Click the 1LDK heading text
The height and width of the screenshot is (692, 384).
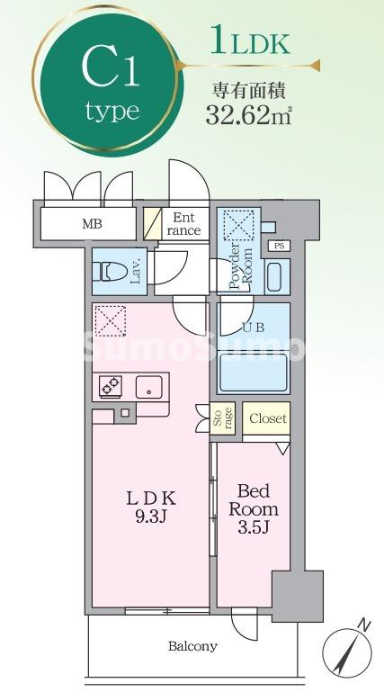[x=249, y=43]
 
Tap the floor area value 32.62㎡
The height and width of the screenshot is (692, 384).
[x=244, y=114]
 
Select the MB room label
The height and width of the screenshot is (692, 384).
[x=92, y=223]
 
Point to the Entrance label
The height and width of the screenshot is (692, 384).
[x=184, y=223]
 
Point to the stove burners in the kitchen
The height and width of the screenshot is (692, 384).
[x=111, y=387]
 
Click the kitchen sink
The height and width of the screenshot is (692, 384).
[x=146, y=387]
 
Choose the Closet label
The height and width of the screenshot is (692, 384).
[x=267, y=418]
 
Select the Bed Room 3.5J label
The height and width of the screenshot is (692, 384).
[x=256, y=508]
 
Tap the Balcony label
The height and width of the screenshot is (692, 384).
[x=192, y=645]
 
